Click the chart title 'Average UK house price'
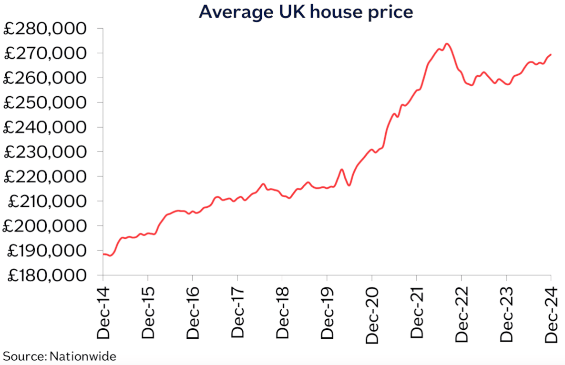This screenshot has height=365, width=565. point(306,12)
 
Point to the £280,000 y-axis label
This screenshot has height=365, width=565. point(45,29)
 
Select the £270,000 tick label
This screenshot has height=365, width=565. point(45,53)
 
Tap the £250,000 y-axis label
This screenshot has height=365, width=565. point(45,102)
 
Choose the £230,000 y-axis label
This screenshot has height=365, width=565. point(45,152)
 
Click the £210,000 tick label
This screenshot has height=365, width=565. point(45,201)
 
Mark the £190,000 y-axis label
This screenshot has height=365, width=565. point(45,251)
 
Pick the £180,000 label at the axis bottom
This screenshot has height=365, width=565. point(45,275)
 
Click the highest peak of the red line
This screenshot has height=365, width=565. point(447,44)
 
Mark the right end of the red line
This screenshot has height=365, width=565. point(551,54)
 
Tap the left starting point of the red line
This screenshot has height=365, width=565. point(103,254)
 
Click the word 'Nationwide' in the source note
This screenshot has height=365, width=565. point(83,356)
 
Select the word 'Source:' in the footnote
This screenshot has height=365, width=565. point(25,356)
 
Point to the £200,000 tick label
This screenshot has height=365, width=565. point(45,226)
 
